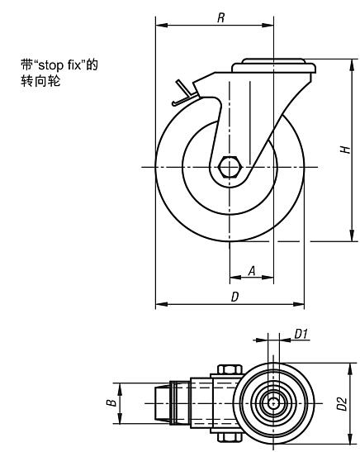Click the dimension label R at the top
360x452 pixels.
[221, 18]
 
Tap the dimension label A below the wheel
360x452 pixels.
[252, 271]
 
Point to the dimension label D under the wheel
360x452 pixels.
[235, 297]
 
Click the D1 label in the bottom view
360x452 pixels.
[301, 334]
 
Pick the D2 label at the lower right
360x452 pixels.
[342, 403]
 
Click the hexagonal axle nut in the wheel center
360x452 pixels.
[230, 167]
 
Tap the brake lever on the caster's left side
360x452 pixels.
[184, 93]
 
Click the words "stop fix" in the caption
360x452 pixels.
[60, 65]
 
